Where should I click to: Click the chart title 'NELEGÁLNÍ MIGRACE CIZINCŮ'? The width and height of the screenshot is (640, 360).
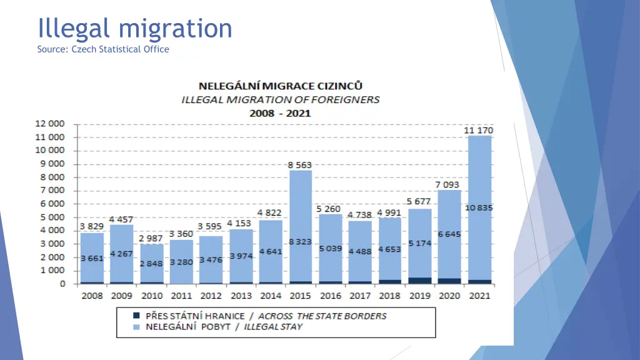281,86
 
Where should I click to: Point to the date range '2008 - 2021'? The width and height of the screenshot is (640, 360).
280,113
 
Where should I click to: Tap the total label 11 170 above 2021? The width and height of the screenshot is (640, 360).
478,130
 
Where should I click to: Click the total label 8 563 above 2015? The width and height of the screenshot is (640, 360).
300,165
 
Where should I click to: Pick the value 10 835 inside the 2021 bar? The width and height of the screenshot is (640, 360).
479,207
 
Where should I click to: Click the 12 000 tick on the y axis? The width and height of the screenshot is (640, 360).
49,124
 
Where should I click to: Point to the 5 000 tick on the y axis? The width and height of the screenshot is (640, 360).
52,217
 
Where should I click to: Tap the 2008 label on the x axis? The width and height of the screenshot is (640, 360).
92,296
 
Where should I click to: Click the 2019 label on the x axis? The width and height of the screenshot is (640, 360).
419,296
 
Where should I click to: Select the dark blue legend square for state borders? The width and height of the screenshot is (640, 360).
136,316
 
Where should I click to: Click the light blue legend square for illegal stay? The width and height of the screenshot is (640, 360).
136,326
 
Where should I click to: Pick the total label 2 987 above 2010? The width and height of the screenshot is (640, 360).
151,238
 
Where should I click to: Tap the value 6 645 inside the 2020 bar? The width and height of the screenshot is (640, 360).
449,234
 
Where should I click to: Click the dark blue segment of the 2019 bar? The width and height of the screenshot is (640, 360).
419,281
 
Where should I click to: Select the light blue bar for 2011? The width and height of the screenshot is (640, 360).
181,250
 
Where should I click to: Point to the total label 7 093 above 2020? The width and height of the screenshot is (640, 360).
449,184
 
